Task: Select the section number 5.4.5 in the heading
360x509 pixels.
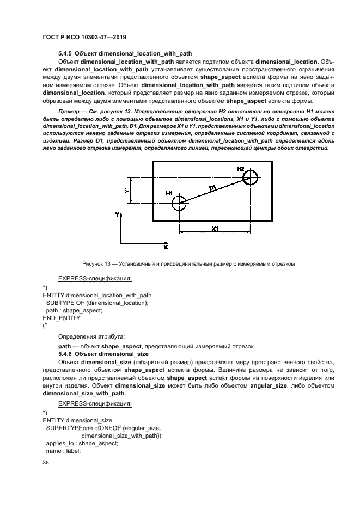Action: (x=65, y=53)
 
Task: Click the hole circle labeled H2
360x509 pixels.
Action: (x=251, y=177)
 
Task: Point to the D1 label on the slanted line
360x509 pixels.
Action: (x=212, y=187)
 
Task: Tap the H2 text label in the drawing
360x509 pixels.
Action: (x=241, y=169)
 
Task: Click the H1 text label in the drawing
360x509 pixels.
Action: (x=169, y=194)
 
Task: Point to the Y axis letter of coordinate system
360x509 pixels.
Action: (x=117, y=216)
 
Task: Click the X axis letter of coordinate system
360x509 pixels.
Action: (x=166, y=247)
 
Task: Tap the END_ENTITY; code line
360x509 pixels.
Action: (x=62, y=317)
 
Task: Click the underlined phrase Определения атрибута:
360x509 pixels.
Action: (x=91, y=336)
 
